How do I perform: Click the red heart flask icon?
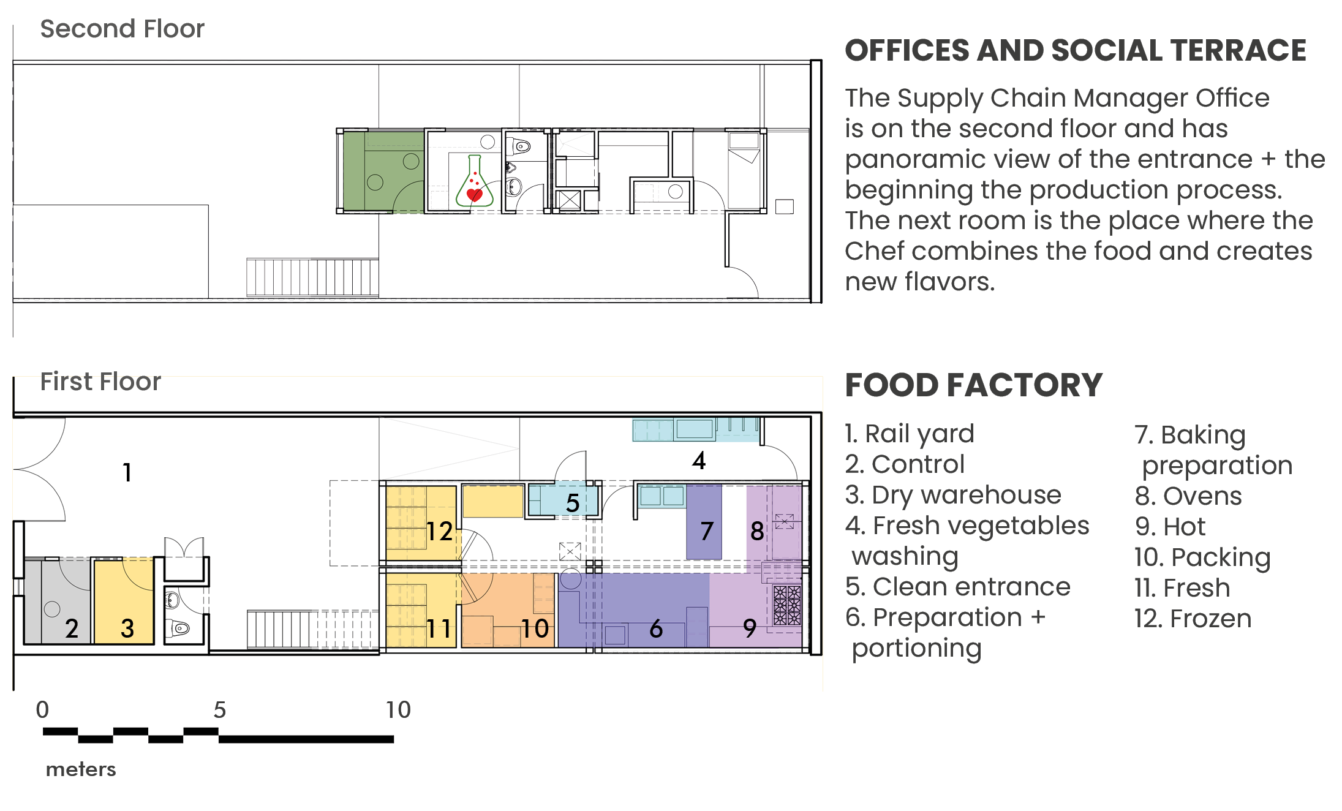(x=474, y=183)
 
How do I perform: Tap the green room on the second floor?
(x=383, y=171)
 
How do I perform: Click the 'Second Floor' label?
(x=122, y=29)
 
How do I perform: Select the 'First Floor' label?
(x=100, y=382)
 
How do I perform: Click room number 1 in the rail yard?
(x=127, y=472)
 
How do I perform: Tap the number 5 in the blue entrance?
(x=572, y=504)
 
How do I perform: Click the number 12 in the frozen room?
(x=439, y=532)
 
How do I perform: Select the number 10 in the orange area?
(x=534, y=629)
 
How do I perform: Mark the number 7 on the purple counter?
(x=706, y=531)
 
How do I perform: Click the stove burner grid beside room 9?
(x=786, y=605)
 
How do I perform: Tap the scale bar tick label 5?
(x=219, y=710)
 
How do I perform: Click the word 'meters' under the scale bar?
(x=81, y=769)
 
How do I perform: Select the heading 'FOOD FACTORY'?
(x=973, y=385)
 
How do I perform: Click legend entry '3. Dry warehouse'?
(x=952, y=495)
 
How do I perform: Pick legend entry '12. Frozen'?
(x=1192, y=619)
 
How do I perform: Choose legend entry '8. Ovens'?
(x=1188, y=496)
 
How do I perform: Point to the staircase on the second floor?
(x=312, y=277)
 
